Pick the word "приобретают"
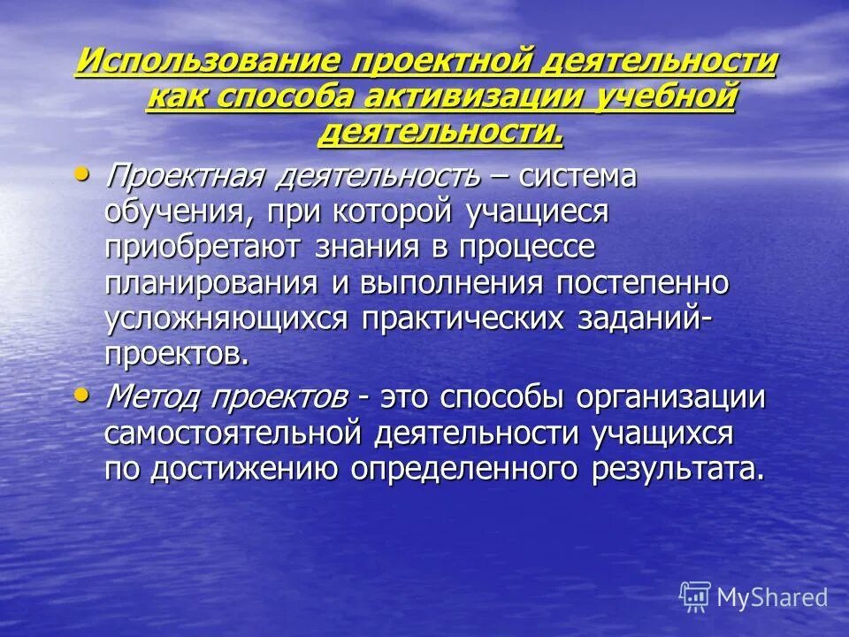coord(203,248)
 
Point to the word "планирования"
coord(211,283)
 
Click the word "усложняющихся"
coord(227,318)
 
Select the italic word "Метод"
coord(152,397)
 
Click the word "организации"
coord(670,397)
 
